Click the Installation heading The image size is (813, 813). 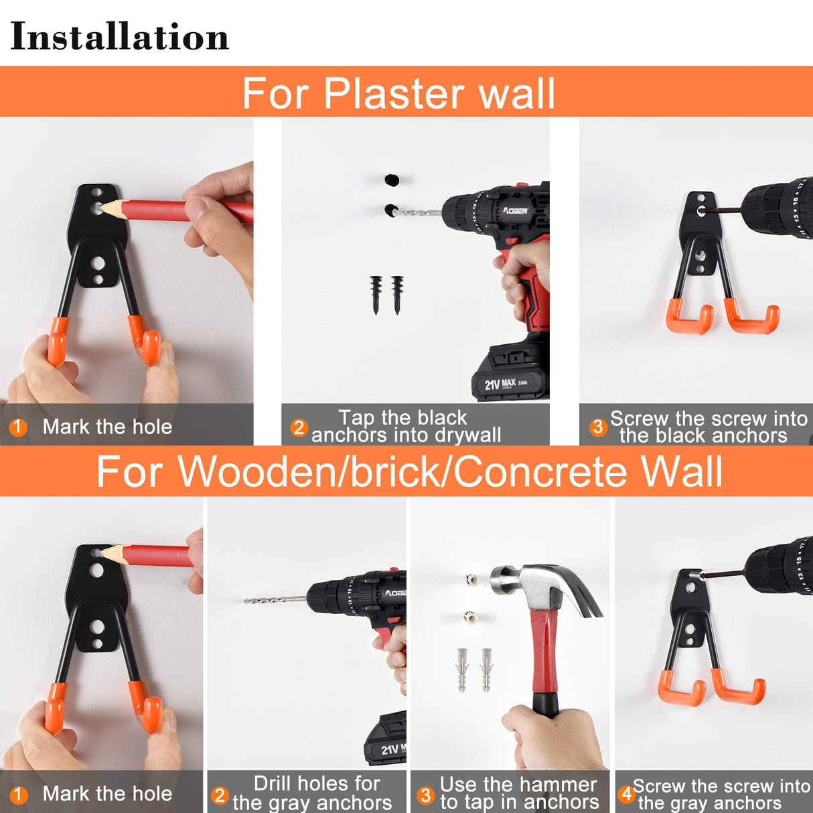119,37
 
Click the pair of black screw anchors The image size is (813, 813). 386,295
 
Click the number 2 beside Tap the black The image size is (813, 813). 299,427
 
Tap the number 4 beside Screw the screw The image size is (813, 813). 626,794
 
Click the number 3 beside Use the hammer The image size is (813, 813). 425,795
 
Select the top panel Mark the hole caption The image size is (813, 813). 107,427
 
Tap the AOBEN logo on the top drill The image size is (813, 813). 515,211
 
